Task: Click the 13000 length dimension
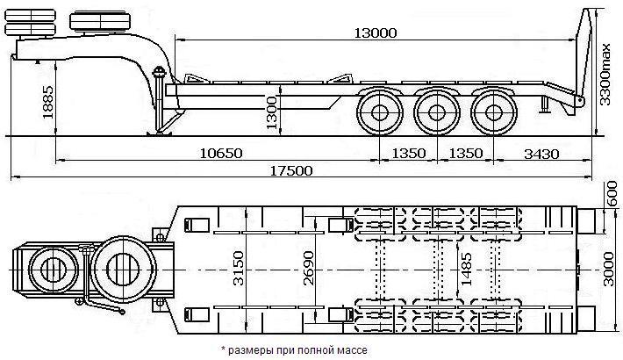tap(376, 32)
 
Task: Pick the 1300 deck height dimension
tap(272, 111)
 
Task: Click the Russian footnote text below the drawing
tap(293, 350)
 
